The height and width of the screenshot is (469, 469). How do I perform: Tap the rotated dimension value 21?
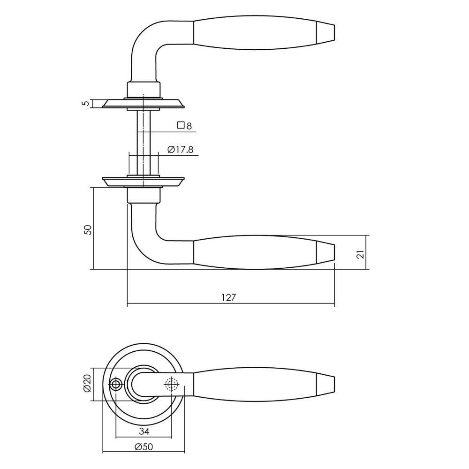360,254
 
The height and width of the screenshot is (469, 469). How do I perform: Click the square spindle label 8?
189,126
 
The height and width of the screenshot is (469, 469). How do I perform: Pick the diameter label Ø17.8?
181,150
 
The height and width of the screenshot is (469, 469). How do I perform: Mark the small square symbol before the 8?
180,125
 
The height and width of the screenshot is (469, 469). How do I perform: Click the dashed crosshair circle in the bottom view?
172,385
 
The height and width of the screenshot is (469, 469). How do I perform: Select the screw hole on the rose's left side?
116,385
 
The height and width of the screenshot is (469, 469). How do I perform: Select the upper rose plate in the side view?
143,104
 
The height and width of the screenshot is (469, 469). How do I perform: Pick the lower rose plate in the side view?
143,182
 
